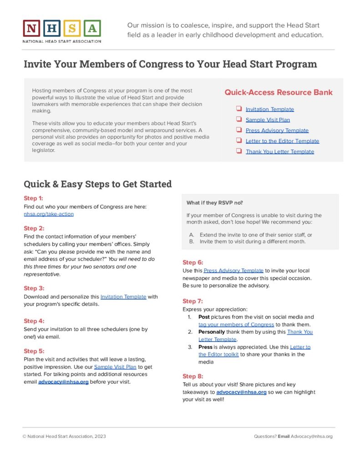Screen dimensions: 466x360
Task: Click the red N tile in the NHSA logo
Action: (31, 29)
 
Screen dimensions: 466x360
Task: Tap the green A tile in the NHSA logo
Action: (92, 29)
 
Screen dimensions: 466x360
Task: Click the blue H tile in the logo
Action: (52, 29)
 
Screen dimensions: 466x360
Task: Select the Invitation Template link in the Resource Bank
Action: (269, 109)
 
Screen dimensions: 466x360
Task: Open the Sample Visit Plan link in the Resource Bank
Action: (268, 120)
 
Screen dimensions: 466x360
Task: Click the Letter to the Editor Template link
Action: (282, 141)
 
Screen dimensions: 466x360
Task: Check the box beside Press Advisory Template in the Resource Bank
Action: (238, 130)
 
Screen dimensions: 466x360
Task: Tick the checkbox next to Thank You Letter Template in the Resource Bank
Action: (238, 151)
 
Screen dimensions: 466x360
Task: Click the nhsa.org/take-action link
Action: (48, 214)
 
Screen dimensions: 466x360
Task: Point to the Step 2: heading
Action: (34, 228)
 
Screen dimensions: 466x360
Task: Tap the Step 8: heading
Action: (193, 376)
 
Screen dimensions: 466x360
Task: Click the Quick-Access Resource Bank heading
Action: (278, 92)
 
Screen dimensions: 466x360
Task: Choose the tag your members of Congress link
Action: (236, 324)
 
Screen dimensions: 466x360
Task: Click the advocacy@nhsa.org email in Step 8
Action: (241, 392)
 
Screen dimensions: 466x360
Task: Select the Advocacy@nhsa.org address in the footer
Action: (312, 436)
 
